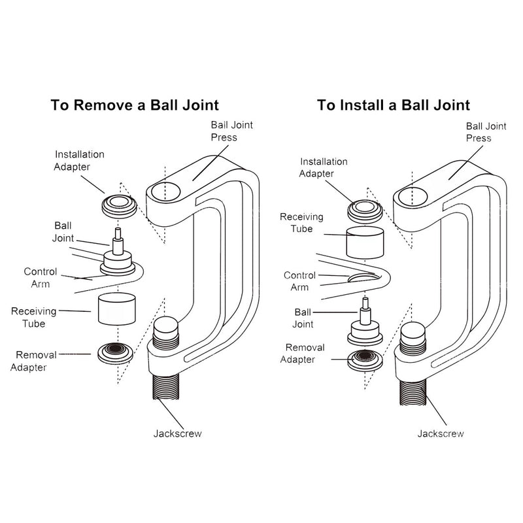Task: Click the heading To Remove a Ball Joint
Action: pyautogui.click(x=135, y=105)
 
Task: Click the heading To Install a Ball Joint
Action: pyautogui.click(x=394, y=105)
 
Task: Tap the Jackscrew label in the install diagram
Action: pyautogui.click(x=441, y=433)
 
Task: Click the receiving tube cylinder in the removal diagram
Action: pyautogui.click(x=116, y=309)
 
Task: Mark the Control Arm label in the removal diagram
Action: pyautogui.click(x=41, y=277)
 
